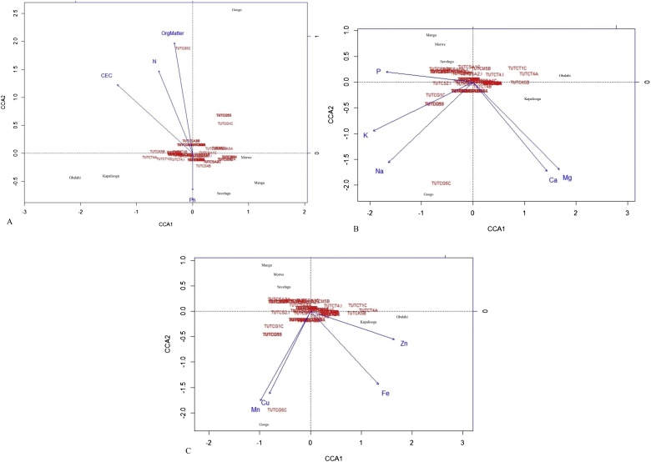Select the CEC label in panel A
coord(107,76)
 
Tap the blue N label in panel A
coord(154,62)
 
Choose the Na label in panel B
coord(380,171)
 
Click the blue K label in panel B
coord(366,135)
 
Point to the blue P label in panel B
coord(378,72)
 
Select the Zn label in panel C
coord(404,344)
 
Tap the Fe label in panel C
coord(386,393)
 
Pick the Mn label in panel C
coord(255,409)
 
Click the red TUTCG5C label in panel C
coord(277,410)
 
